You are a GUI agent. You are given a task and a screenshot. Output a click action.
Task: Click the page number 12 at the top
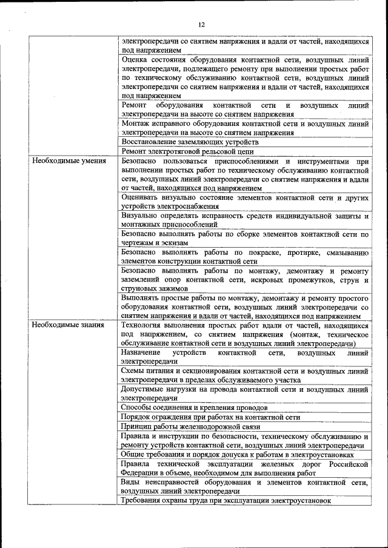201,24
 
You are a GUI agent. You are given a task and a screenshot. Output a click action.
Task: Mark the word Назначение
141,352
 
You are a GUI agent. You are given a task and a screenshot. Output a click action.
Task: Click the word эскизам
176,242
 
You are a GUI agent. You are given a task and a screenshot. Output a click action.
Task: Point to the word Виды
130,482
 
